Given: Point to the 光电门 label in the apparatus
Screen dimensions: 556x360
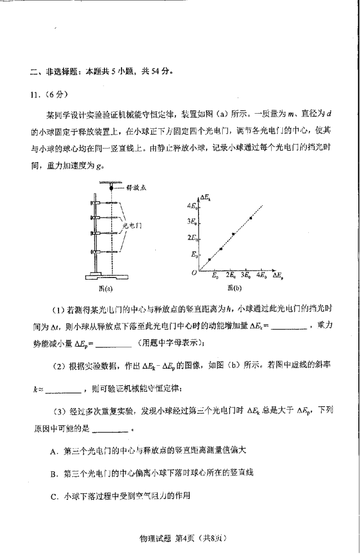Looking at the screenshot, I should click(131, 225).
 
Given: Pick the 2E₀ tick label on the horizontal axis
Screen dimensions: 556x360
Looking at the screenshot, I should click(231, 276).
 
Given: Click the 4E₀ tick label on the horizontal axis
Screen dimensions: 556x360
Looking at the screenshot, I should click(261, 276).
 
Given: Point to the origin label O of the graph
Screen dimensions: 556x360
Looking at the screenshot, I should click(194, 272).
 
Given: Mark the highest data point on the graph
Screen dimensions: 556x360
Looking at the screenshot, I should click(250, 218).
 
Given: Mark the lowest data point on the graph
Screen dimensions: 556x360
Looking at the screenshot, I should click(209, 259).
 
